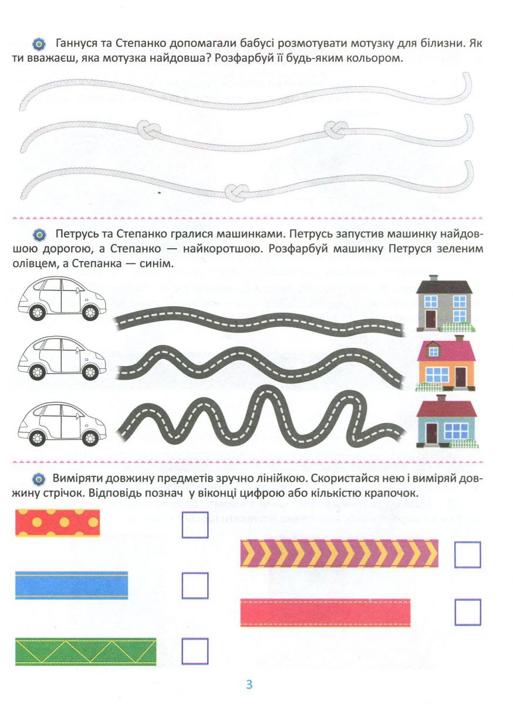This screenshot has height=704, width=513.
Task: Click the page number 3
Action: point(249,684)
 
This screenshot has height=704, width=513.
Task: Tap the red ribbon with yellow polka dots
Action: point(58,522)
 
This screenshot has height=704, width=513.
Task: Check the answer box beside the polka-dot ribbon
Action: point(195,525)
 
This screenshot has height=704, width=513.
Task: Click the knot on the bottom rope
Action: point(237,192)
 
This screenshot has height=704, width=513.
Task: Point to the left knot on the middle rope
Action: point(148,130)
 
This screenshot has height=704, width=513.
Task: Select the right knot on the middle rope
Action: point(336,130)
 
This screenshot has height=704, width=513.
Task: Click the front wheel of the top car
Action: point(90,313)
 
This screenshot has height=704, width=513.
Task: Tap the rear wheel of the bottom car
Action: point(37,437)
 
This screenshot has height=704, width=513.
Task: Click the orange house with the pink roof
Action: point(446,363)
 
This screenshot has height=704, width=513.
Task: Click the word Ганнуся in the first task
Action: point(76,43)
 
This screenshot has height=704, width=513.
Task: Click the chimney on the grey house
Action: point(433,278)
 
